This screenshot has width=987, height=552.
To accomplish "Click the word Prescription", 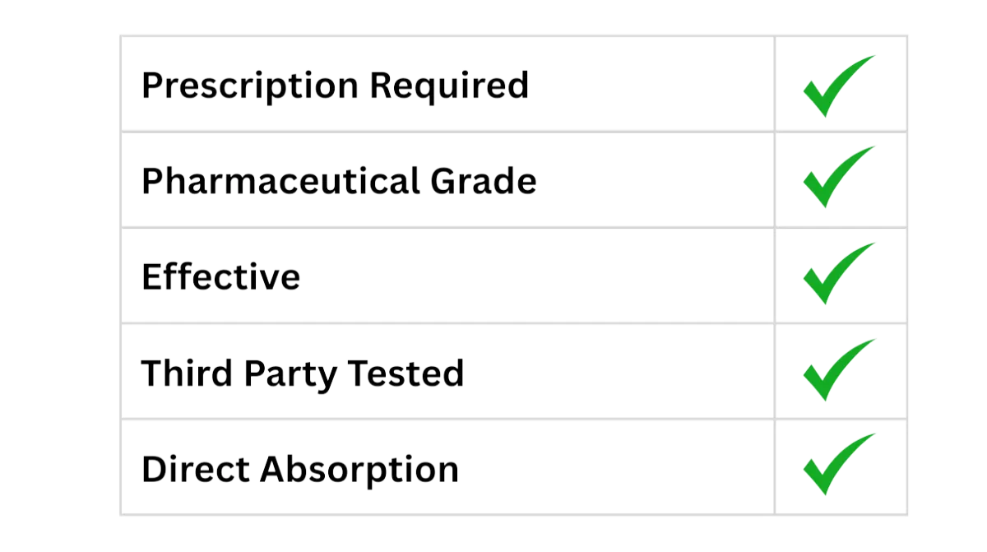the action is [250, 86].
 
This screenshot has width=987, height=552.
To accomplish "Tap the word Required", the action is [449, 86].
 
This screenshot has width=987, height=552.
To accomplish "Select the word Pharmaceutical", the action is [280, 181].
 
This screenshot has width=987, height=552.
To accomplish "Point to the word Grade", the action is [484, 181].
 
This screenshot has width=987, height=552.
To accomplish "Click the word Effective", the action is [220, 276].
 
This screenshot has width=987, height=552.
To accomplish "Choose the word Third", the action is [187, 373].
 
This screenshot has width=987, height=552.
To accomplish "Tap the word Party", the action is [290, 375].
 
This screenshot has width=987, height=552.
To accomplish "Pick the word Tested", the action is [405, 373].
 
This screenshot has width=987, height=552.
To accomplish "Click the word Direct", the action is [196, 469].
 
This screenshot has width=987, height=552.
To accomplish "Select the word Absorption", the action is [359, 471].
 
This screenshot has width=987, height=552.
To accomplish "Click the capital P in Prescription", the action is [152, 85].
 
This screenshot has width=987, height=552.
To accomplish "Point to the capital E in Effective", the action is [151, 276].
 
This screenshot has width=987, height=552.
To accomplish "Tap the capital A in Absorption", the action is [273, 469].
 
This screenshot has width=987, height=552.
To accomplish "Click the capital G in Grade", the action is [443, 181].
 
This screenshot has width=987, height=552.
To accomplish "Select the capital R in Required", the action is [382, 85].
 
